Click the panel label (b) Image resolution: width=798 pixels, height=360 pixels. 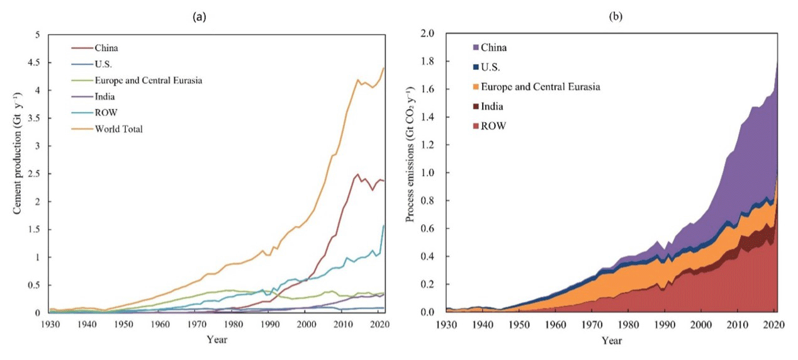click(614, 18)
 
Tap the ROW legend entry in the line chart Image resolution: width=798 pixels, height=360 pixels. click(104, 113)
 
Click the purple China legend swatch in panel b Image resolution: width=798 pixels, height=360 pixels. click(476, 47)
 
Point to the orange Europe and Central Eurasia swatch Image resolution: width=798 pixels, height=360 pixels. click(476, 87)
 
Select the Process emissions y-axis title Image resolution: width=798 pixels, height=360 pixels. click(410, 172)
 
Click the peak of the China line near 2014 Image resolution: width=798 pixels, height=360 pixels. click(357, 174)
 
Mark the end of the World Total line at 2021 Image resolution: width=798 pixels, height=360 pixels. click(383, 68)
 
